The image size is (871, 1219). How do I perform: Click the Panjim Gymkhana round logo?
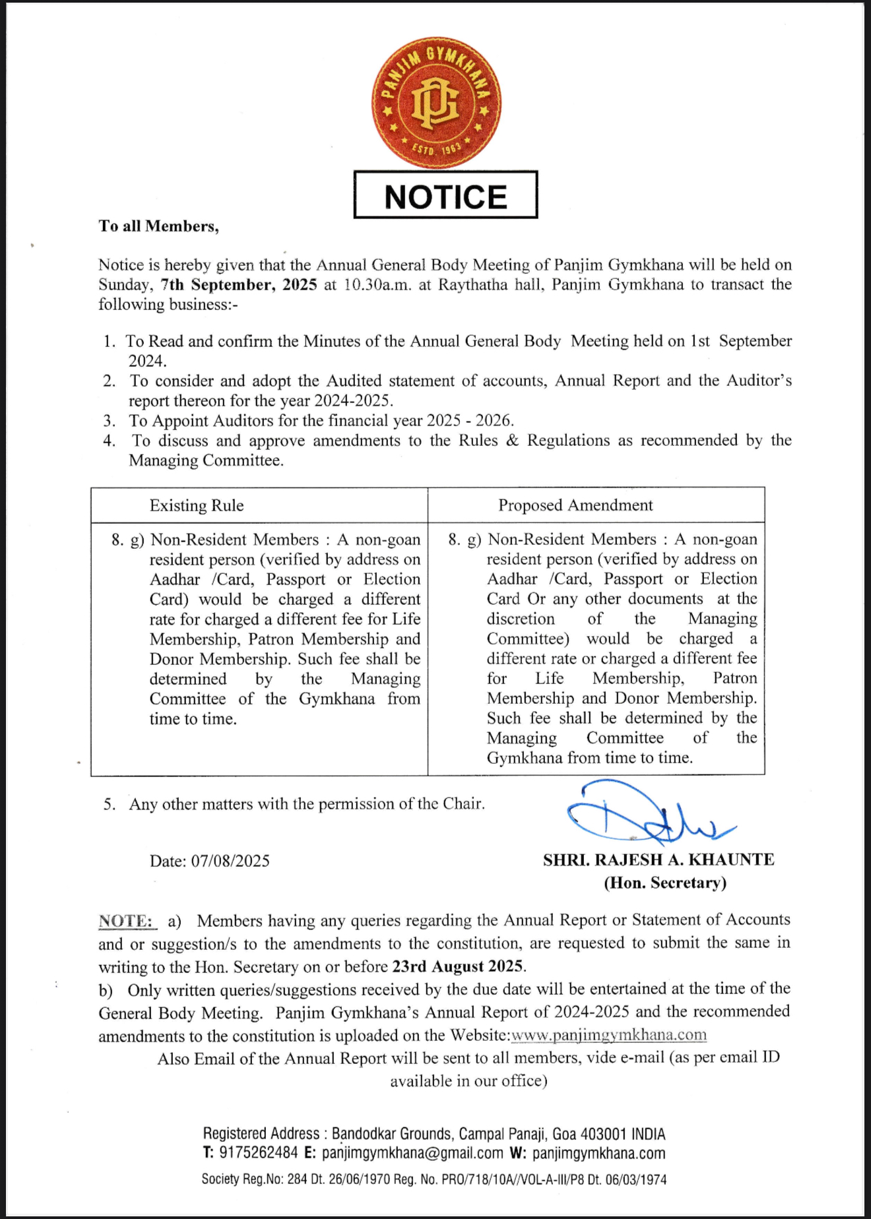pos(436,103)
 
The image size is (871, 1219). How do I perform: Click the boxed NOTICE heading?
pos(446,196)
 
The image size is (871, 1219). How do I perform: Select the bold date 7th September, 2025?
pos(238,285)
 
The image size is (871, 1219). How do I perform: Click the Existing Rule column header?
pos(197,506)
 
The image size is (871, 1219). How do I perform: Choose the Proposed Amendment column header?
pos(575,505)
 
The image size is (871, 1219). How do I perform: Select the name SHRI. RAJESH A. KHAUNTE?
pos(659,860)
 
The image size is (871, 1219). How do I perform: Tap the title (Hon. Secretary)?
pos(665,883)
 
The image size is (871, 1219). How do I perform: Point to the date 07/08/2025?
pos(230,861)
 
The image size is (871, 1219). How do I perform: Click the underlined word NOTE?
pos(126,921)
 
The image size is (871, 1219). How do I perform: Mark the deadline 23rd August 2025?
pos(458,967)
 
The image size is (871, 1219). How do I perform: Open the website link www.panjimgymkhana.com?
pos(609,1035)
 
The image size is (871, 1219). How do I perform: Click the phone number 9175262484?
pos(259,1154)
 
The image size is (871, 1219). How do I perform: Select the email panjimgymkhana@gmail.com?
pos(412,1154)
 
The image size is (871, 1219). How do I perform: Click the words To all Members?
pos(159,226)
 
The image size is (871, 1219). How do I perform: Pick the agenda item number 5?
pos(109,805)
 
